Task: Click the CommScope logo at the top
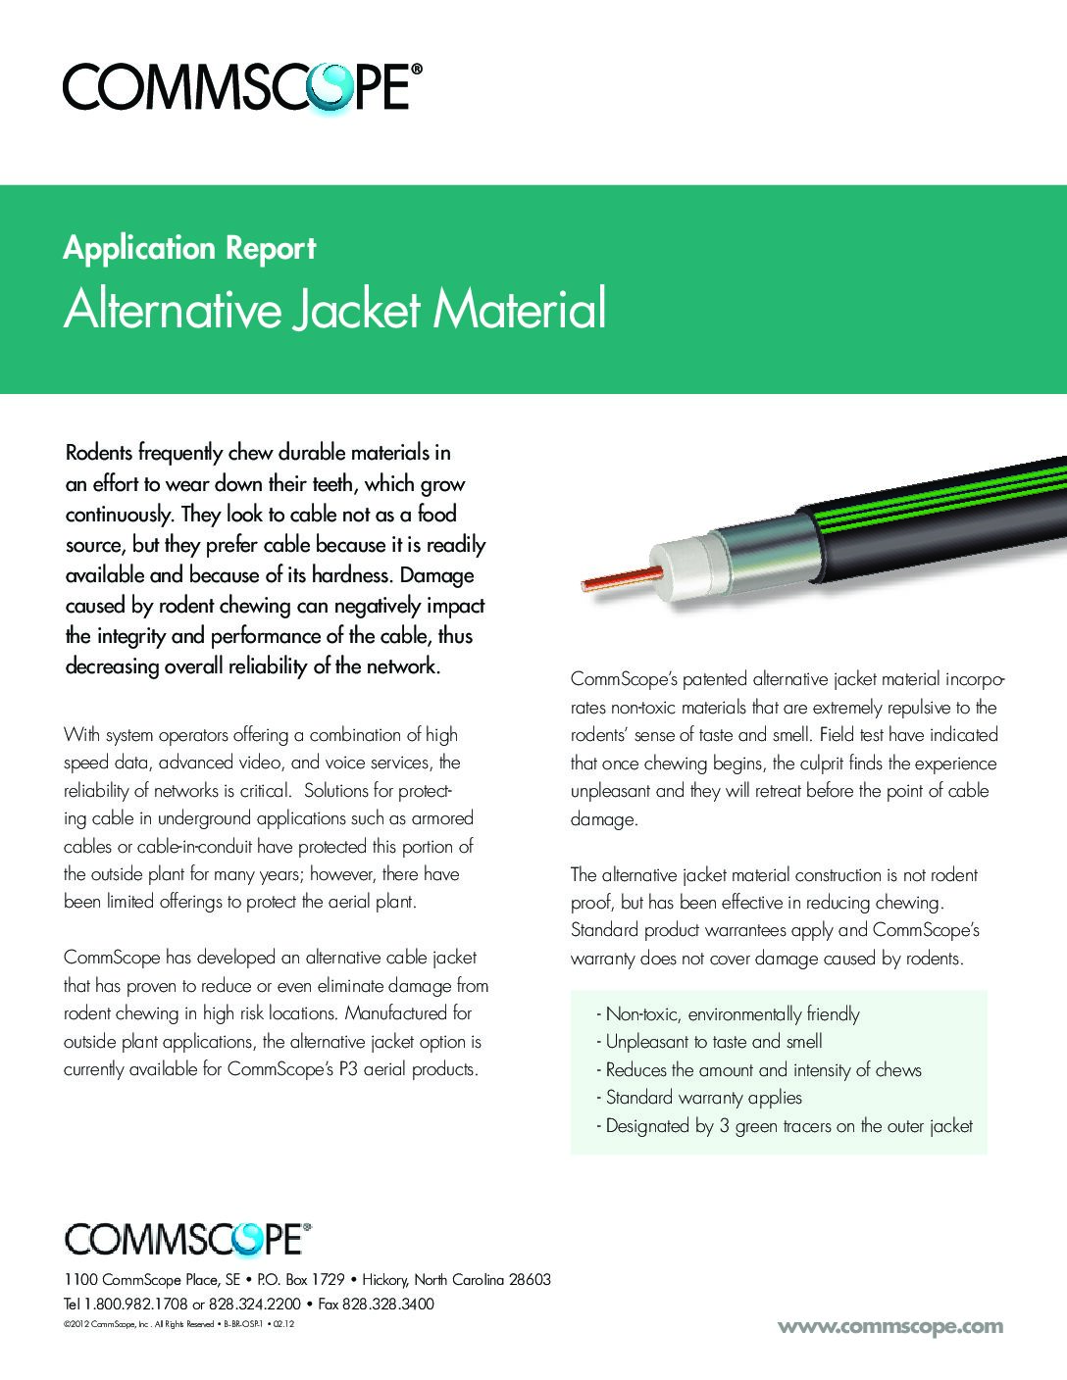pos(242,87)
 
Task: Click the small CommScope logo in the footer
pos(187,1238)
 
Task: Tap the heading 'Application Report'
pos(189,249)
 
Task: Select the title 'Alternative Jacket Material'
pos(334,311)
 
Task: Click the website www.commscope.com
pos(890,1326)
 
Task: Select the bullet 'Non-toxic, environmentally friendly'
pos(732,1014)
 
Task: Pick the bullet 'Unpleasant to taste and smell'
pos(713,1042)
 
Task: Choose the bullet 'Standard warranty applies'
pos(703,1098)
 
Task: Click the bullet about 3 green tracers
pos(788,1126)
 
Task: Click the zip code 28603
pos(529,1280)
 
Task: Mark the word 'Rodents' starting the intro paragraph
pos(99,454)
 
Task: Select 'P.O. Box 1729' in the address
pos(300,1280)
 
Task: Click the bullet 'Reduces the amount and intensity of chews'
pos(763,1070)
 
